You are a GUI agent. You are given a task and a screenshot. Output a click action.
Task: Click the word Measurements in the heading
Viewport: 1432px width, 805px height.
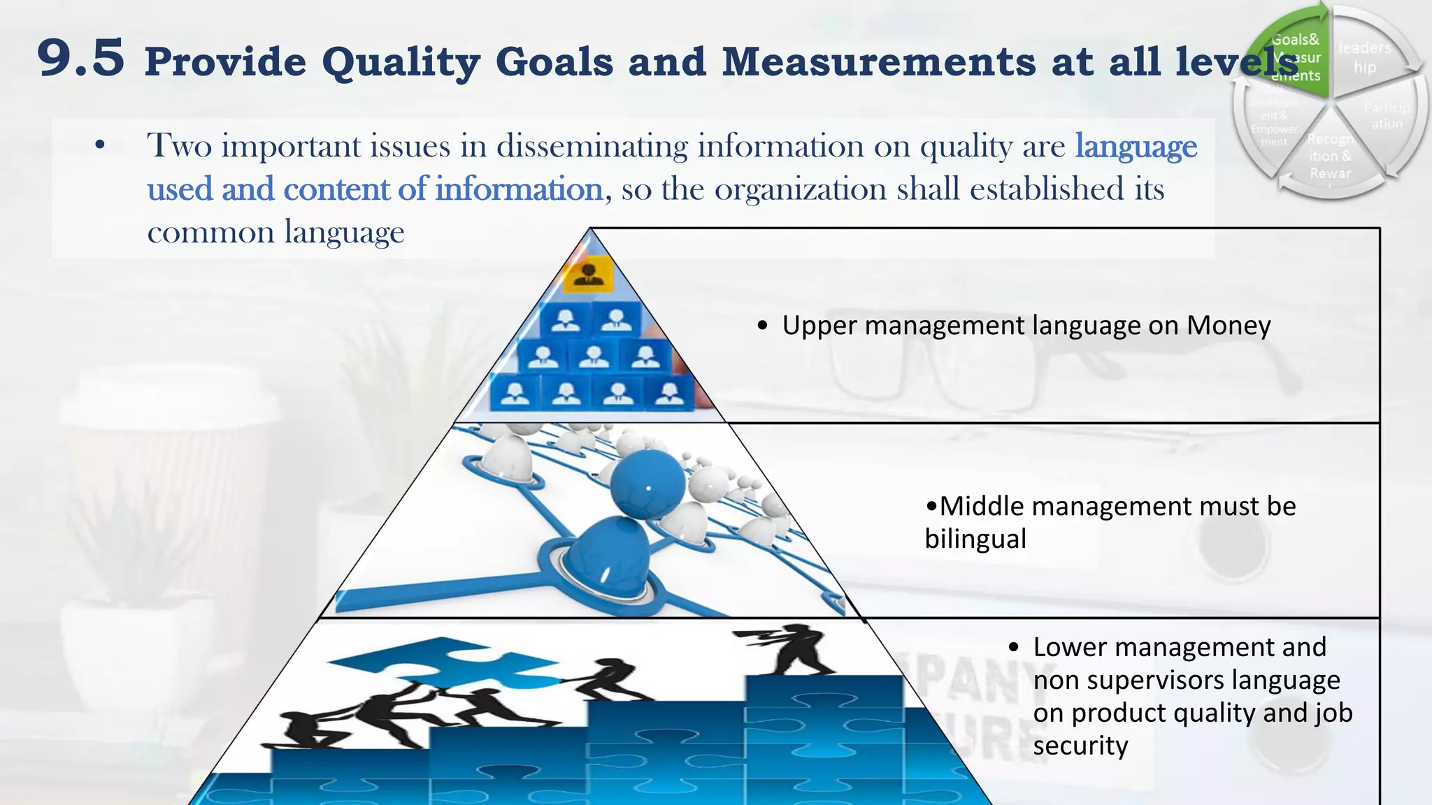[879, 61]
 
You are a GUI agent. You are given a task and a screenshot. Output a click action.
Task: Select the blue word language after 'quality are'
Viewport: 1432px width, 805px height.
[1136, 147]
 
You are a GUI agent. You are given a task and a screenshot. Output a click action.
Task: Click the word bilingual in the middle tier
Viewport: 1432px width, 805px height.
[975, 539]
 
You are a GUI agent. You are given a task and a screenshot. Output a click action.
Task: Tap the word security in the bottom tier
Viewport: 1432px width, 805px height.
[1080, 746]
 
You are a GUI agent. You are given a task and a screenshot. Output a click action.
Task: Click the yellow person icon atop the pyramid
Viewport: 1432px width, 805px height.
[589, 273]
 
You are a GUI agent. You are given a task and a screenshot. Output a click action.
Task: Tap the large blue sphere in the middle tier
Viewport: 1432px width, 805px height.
[647, 484]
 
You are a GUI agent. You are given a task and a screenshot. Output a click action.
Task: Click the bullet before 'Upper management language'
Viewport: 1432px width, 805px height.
[762, 326]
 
